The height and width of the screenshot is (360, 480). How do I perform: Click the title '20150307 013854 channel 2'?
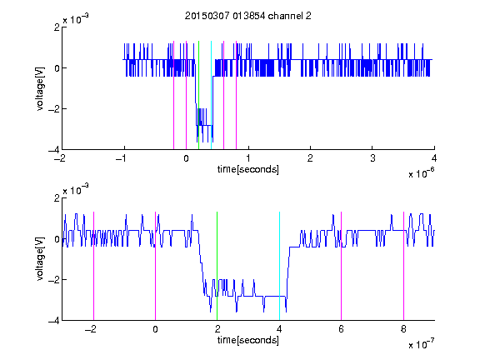click(248, 16)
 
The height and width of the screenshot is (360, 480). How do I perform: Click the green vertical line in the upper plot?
click(199, 95)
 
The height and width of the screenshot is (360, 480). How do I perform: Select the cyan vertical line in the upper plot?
click(211, 95)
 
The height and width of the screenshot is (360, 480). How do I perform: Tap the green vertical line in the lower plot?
click(217, 266)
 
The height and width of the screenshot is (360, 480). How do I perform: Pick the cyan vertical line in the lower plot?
click(279, 266)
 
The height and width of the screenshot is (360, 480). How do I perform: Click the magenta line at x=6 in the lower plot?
click(342, 266)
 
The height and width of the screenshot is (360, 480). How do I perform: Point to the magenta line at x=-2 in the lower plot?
click(93, 266)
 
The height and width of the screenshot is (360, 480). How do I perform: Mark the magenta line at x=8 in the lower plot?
click(403, 266)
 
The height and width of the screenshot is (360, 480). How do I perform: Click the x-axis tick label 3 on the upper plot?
click(372, 158)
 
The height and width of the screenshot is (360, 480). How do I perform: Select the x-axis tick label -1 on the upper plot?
click(122, 158)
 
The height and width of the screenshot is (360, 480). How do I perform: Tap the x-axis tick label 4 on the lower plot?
click(279, 329)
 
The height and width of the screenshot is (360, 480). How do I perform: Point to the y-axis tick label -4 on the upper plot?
click(54, 150)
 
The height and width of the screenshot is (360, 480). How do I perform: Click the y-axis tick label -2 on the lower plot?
click(54, 279)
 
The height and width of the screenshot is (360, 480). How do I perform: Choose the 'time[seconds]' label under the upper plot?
click(248, 169)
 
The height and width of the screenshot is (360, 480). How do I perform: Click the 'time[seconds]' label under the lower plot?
click(248, 340)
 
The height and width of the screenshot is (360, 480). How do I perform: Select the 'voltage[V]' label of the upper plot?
click(40, 88)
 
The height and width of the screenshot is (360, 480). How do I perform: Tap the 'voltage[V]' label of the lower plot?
click(40, 258)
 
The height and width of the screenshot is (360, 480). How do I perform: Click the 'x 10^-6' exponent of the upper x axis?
click(421, 173)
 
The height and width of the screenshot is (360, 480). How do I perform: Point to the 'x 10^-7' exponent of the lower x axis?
click(421, 344)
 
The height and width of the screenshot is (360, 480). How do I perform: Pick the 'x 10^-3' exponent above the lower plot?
click(76, 190)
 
